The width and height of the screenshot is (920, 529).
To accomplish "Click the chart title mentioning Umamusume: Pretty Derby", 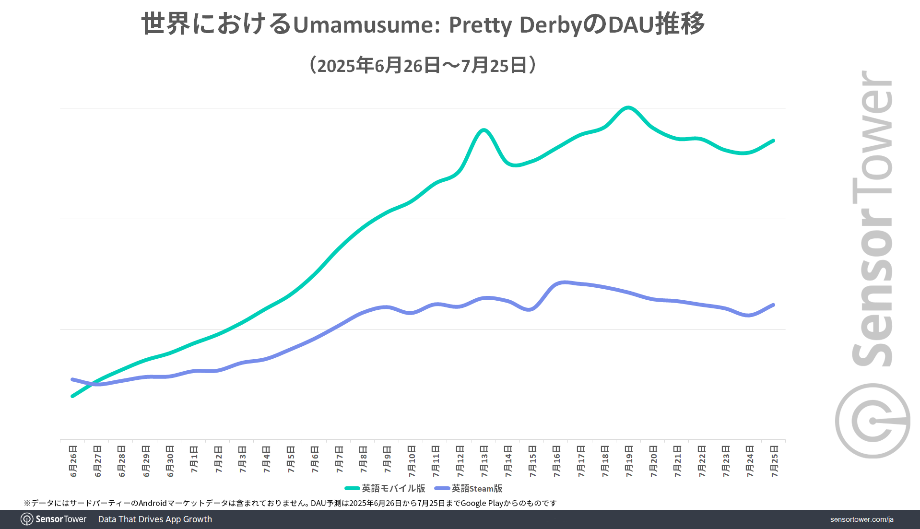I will pyautogui.click(x=423, y=24).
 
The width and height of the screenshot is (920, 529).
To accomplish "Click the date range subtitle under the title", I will pyautogui.click(x=423, y=65).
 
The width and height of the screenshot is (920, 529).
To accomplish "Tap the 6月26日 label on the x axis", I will pyautogui.click(x=73, y=461).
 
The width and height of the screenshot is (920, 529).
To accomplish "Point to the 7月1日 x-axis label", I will pyautogui.click(x=194, y=459).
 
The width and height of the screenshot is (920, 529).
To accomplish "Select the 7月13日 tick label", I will pyautogui.click(x=484, y=461).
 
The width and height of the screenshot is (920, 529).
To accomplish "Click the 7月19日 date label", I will pyautogui.click(x=629, y=461).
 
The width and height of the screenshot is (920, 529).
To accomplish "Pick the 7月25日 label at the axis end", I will pyautogui.click(x=774, y=461).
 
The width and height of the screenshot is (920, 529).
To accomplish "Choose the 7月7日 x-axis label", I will pyautogui.click(x=339, y=459).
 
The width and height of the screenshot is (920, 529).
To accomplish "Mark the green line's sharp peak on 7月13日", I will pyautogui.click(x=484, y=130).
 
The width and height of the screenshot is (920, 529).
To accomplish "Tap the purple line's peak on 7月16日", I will pyautogui.click(x=564, y=282).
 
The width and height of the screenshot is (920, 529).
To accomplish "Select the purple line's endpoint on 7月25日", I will pyautogui.click(x=773, y=305).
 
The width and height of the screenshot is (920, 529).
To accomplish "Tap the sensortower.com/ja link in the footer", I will pyautogui.click(x=861, y=519).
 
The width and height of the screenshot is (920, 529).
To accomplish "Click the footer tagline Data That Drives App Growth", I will pyautogui.click(x=155, y=519).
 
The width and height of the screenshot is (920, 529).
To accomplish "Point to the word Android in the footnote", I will pyautogui.click(x=153, y=503).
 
